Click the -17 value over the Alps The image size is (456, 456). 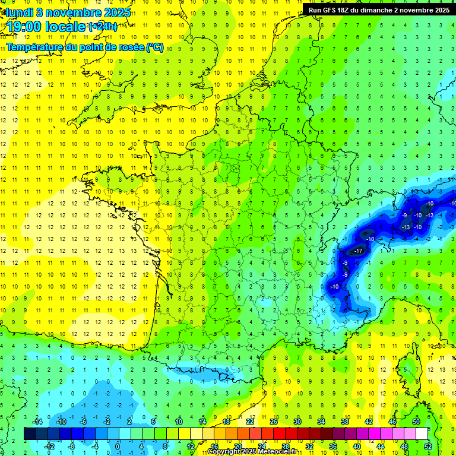click(x=357, y=251)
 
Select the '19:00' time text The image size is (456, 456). click(x=27, y=27)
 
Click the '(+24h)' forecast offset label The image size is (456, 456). click(x=102, y=26)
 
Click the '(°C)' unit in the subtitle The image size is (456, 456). click(x=155, y=47)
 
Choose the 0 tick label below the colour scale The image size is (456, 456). click(x=118, y=446)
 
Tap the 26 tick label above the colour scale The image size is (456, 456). click(x=274, y=422)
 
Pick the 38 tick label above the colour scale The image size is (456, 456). click(x=345, y=422)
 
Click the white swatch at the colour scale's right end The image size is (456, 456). click(x=422, y=434)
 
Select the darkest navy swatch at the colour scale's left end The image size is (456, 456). click(x=30, y=434)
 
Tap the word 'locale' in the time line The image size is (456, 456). click(x=66, y=27)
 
